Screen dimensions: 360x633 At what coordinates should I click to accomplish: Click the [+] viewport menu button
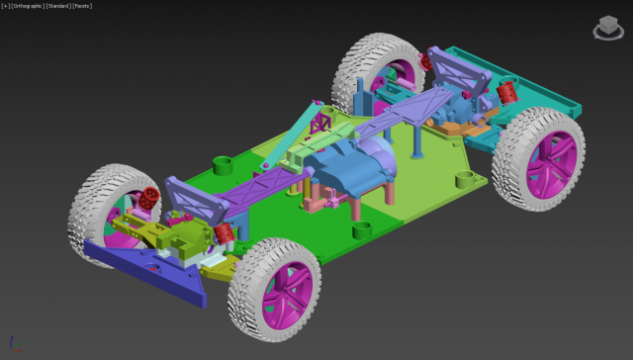[6, 6]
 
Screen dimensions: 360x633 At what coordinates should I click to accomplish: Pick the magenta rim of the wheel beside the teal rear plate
[543, 163]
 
